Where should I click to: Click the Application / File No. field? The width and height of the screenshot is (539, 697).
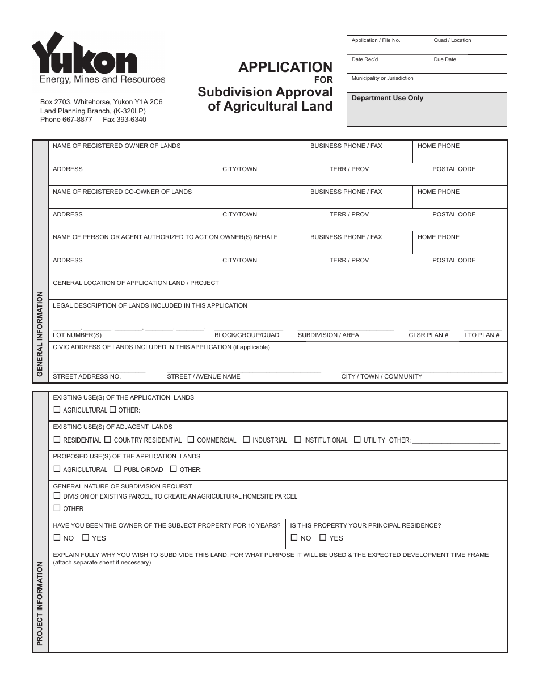388,45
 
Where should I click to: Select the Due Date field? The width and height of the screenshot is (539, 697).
468,64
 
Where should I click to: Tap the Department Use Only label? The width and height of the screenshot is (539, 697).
388,98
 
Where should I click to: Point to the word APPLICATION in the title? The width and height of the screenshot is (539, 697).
285,67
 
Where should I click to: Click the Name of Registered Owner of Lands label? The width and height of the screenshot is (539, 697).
116,146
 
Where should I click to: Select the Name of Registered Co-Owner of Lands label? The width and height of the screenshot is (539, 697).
122,192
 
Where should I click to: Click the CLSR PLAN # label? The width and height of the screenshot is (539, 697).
428,335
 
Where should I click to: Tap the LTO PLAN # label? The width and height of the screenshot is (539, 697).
482,335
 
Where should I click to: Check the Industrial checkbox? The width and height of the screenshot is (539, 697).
246,439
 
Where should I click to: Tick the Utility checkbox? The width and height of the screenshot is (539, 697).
357,439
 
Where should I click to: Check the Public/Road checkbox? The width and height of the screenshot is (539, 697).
117,469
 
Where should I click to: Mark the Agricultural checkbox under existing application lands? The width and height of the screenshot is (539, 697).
57,409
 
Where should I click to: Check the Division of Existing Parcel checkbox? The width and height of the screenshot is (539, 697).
57,495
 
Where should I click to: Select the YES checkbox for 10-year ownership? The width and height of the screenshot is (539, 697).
86,537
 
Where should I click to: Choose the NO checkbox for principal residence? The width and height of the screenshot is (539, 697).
294,537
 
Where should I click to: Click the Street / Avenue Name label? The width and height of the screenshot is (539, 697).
203,376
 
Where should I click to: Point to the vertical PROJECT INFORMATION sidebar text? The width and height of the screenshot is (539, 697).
40,603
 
